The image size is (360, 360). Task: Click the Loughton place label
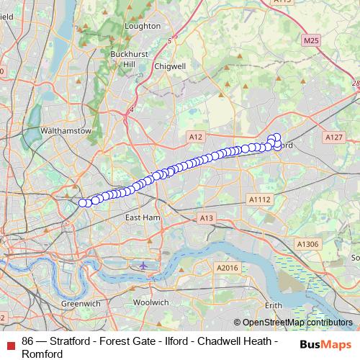143,26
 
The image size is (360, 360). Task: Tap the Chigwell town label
170,66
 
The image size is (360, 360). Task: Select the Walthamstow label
66,132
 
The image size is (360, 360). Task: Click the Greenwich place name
81,304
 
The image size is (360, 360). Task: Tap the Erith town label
273,305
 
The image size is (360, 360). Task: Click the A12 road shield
194,136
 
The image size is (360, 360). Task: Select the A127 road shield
333,137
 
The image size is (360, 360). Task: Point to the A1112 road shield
259,199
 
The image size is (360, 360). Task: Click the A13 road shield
207,217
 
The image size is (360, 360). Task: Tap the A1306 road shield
307,245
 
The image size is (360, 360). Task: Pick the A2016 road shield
227,268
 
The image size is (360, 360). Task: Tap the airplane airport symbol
143,266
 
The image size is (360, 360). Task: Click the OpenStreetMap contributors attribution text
297,323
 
